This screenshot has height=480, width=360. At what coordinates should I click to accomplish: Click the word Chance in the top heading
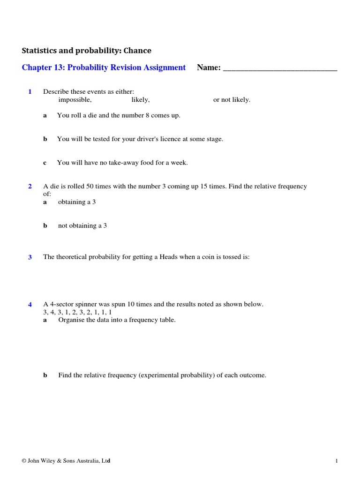(x=137, y=51)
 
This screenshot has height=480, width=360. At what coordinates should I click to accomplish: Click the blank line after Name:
(x=280, y=68)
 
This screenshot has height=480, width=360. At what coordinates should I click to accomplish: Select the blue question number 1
(x=30, y=92)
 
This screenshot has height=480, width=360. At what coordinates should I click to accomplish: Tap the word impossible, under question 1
(x=75, y=100)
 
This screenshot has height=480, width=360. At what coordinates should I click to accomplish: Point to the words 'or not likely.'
(x=232, y=100)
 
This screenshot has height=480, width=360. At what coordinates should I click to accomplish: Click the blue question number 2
(x=30, y=187)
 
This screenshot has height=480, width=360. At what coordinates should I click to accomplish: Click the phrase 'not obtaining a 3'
(x=82, y=225)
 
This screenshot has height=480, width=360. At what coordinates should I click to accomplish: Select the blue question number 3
(x=30, y=257)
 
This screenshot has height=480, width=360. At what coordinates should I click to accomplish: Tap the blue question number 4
(x=30, y=305)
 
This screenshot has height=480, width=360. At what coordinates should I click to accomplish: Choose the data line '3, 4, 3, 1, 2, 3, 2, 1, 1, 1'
(x=77, y=312)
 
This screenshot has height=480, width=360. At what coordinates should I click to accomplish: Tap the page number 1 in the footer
(x=337, y=461)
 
